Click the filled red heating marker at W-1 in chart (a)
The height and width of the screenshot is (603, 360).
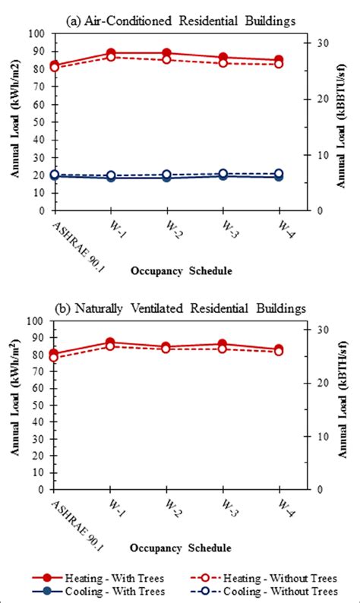click(x=111, y=53)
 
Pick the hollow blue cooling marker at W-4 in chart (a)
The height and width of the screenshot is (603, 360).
click(x=279, y=174)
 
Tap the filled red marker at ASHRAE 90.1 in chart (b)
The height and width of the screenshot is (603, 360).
click(x=54, y=354)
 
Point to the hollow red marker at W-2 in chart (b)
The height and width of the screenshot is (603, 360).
click(x=167, y=349)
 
